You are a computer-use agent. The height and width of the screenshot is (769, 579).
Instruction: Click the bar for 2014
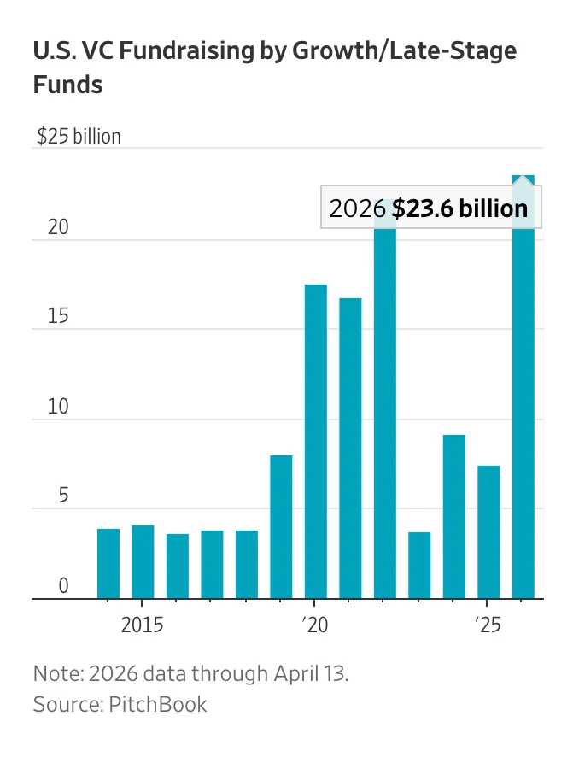108,564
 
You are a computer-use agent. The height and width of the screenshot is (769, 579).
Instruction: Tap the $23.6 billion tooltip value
460,208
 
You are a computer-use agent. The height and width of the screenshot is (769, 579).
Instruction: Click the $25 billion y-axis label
79,137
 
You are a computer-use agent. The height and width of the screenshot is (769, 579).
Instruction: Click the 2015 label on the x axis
142,624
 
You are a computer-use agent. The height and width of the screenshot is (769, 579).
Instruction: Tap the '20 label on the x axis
314,624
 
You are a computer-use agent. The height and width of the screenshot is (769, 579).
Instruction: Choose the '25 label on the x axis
487,624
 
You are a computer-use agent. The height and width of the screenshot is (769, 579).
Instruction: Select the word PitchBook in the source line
158,705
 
